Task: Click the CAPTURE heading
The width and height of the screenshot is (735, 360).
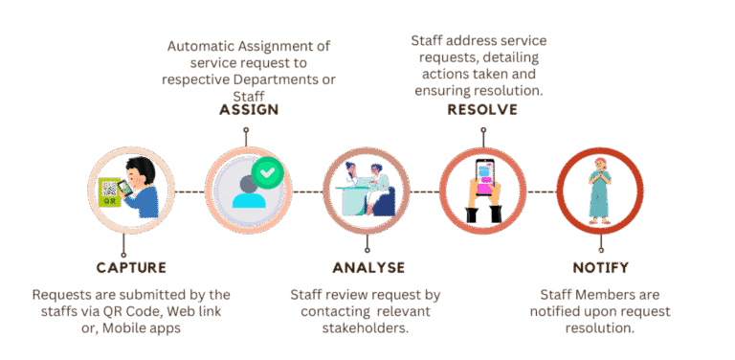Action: point(131,268)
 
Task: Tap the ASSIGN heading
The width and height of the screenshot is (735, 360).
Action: point(250,110)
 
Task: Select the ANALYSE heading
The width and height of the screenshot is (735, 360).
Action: point(368,268)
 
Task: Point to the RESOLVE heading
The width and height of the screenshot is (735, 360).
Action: point(482,110)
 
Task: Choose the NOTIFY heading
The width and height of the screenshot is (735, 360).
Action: point(600,268)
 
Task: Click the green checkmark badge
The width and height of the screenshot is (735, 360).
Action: point(268,173)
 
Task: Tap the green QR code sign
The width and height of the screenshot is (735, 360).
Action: point(111,191)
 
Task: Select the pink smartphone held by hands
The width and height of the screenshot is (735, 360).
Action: point(484,178)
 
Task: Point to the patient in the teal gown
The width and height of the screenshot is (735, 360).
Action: point(599,191)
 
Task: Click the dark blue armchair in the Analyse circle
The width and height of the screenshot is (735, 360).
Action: point(384,202)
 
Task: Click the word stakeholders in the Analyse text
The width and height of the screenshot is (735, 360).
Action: point(366,328)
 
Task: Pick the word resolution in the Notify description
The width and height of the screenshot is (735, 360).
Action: point(600,328)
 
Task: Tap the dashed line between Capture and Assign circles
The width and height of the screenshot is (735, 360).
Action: point(189,191)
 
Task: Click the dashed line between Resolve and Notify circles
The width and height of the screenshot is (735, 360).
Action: point(542,191)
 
